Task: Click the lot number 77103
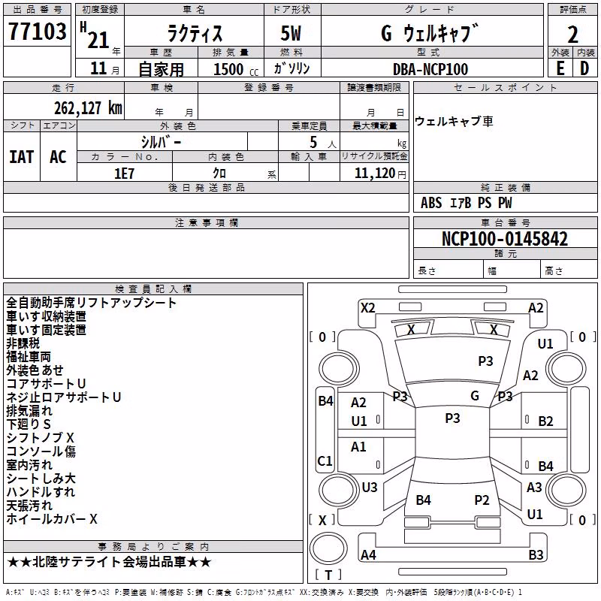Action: (x=37, y=32)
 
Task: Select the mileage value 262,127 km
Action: (x=88, y=108)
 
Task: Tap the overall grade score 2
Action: (x=572, y=35)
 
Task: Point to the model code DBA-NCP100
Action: (x=430, y=69)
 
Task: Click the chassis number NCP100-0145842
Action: (x=505, y=239)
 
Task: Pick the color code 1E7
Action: (x=124, y=174)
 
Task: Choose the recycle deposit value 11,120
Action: (x=375, y=174)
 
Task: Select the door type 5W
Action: (x=291, y=33)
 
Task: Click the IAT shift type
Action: (x=22, y=157)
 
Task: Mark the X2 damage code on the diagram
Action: (x=368, y=308)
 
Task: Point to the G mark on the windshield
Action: (x=475, y=395)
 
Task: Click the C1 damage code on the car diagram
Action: (x=325, y=461)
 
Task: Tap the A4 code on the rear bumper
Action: (x=368, y=554)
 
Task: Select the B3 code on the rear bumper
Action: (x=536, y=554)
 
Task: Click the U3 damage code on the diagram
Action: (x=370, y=487)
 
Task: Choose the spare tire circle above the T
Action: (x=328, y=548)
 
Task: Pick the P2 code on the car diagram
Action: (x=482, y=500)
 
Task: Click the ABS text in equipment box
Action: (x=431, y=203)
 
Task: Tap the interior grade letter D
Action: (x=584, y=68)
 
